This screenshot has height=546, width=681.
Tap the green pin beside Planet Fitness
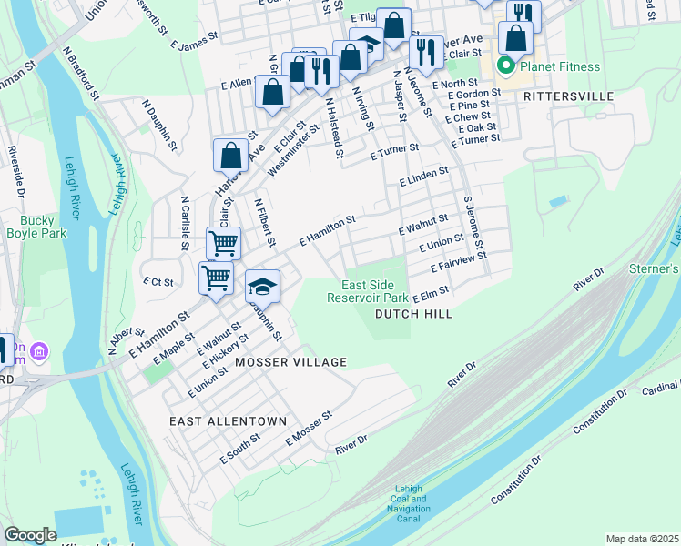point(503,66)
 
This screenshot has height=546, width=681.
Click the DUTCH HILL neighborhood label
point(412,314)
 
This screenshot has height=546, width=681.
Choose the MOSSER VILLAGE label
point(290,362)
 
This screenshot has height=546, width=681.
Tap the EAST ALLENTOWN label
point(229,421)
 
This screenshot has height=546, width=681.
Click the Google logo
point(30,535)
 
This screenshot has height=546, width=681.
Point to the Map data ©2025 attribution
point(641,539)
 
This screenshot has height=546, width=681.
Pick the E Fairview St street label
point(458,263)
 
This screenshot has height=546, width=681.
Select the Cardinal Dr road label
point(660,388)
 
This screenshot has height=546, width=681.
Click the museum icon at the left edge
point(38,350)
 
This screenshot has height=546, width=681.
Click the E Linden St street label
point(423,177)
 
